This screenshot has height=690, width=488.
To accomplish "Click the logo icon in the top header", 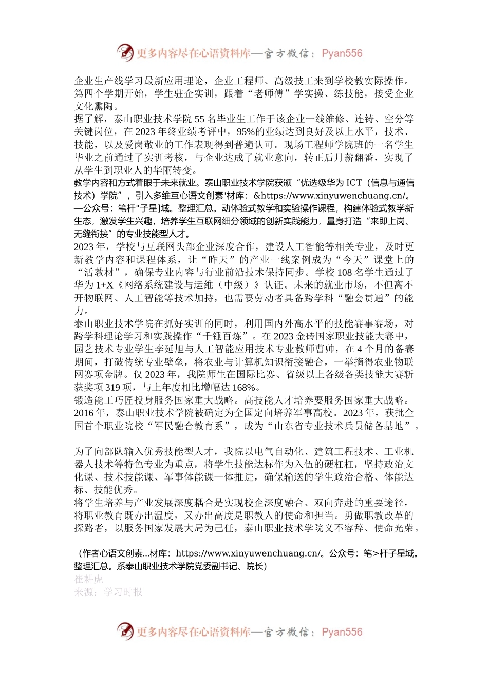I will click(125, 52).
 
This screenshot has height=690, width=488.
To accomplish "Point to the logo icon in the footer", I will click(125, 631).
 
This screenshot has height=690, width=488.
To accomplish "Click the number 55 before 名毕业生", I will click(199, 119).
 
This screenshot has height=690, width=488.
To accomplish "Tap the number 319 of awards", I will click(112, 388).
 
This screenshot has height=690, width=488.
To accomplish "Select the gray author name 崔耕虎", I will click(88, 579).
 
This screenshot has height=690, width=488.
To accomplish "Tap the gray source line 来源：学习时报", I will click(108, 592).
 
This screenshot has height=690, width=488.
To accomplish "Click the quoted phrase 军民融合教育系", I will click(188, 426).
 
